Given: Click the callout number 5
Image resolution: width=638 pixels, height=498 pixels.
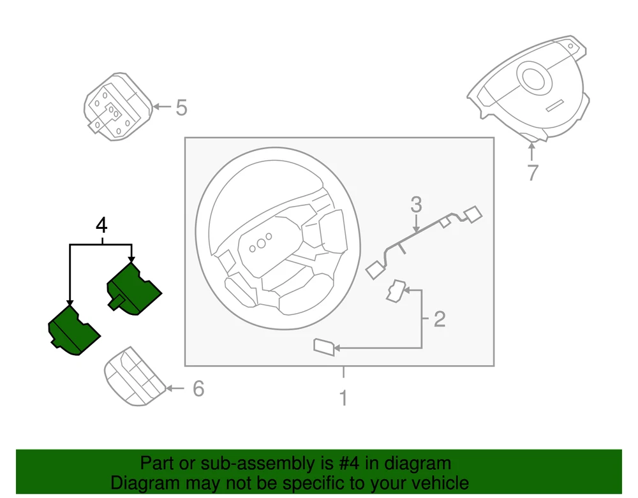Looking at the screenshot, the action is (181, 108).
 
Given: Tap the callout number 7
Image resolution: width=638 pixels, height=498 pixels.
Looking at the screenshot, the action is (533, 172).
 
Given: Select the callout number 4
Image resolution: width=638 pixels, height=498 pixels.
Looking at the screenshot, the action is (101, 225).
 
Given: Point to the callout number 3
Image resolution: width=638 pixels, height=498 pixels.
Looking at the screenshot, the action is (416, 205).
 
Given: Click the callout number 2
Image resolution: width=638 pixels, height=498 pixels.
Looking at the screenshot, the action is (440, 319).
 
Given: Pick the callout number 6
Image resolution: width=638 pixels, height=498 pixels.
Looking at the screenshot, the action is (198, 388).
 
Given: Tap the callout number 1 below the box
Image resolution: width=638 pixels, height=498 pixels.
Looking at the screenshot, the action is (343, 398).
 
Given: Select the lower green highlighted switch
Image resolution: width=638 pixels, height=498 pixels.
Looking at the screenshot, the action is (74, 330).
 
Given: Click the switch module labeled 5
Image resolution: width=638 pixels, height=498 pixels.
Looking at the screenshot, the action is (118, 107).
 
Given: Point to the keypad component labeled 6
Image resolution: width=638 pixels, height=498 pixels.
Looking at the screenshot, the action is (135, 376).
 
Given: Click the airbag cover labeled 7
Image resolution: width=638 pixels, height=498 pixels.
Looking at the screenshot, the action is (529, 89).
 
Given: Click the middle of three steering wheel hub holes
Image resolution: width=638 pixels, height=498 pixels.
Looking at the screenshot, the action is (261, 243).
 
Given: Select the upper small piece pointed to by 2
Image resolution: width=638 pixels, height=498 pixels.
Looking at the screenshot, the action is (396, 291).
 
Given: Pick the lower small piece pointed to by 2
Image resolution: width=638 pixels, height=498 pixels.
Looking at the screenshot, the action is (324, 347).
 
